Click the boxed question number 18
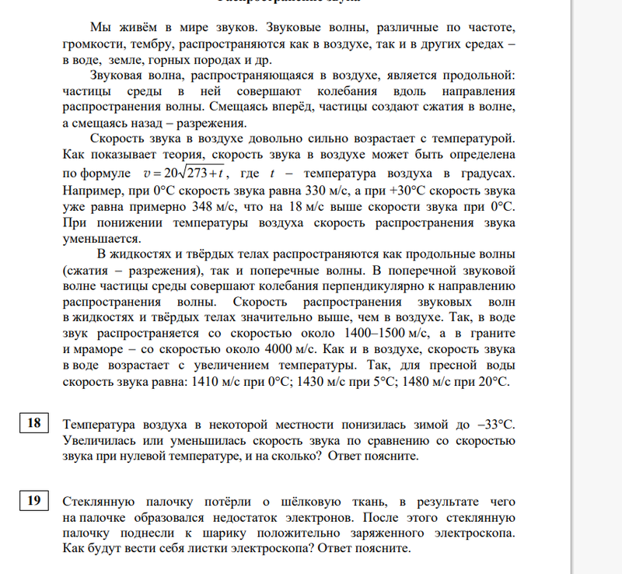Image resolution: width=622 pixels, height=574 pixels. [33, 424]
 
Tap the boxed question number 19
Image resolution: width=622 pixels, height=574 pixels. [33, 501]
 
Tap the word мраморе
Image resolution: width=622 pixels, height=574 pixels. [107, 349]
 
